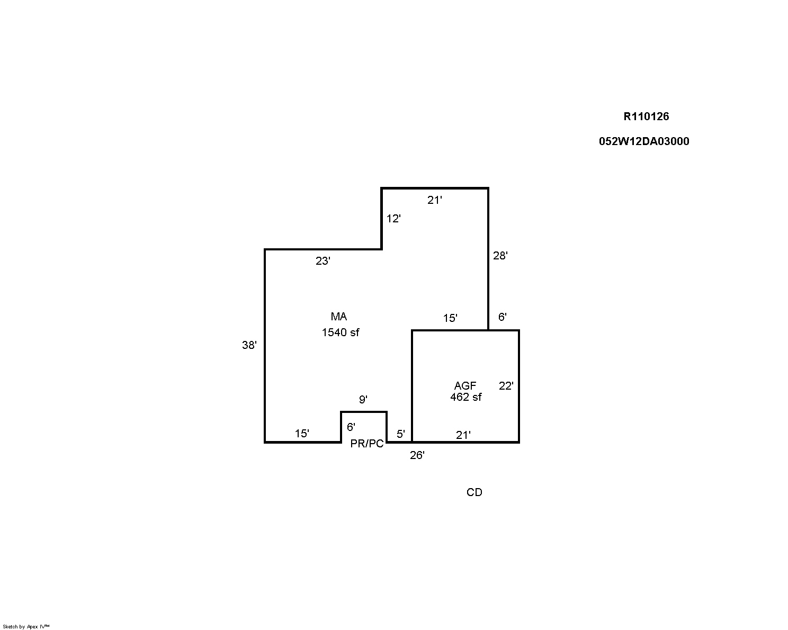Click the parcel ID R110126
coord(646,116)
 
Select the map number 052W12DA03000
coord(644,141)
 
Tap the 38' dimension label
coord(249,345)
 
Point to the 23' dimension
coord(323,260)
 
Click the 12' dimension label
coord(393,219)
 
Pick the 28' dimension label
coord(500,256)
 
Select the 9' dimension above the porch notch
coord(363,399)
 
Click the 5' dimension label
coord(400,434)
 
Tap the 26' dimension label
coord(417,455)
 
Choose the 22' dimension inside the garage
coord(506,385)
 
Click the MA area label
coord(338,316)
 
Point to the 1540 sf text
coord(340,332)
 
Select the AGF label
coord(465,385)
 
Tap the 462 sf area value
coord(466,397)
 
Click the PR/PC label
coord(367,444)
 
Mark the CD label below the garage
coord(474,492)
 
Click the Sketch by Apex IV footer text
coord(26,626)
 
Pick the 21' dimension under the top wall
coord(434,200)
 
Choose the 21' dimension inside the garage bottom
coord(463,435)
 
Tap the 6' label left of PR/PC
coord(351,427)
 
